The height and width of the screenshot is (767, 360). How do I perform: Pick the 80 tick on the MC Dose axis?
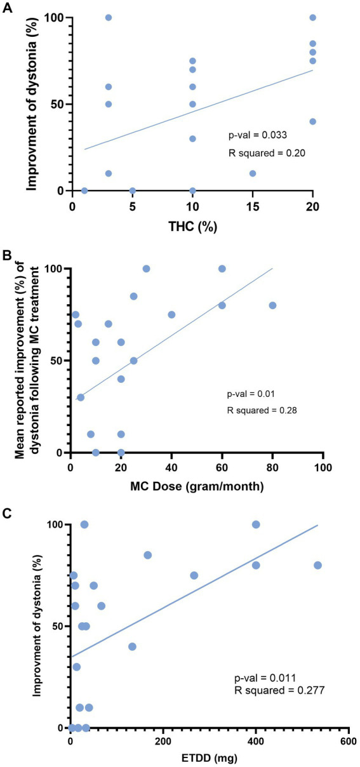pyautogui.click(x=272, y=467)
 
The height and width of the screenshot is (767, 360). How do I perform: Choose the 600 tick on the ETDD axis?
pyautogui.click(x=348, y=741)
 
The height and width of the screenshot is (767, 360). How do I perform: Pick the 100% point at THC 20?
pyautogui.click(x=312, y=18)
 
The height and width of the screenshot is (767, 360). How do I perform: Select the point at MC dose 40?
pyautogui.click(x=171, y=314)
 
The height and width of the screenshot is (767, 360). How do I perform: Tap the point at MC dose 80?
pyautogui.click(x=272, y=305)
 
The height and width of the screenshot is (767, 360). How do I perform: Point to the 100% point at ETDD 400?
pyautogui.click(x=256, y=524)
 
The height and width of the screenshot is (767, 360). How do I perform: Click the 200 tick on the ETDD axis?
pyautogui.click(x=163, y=741)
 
